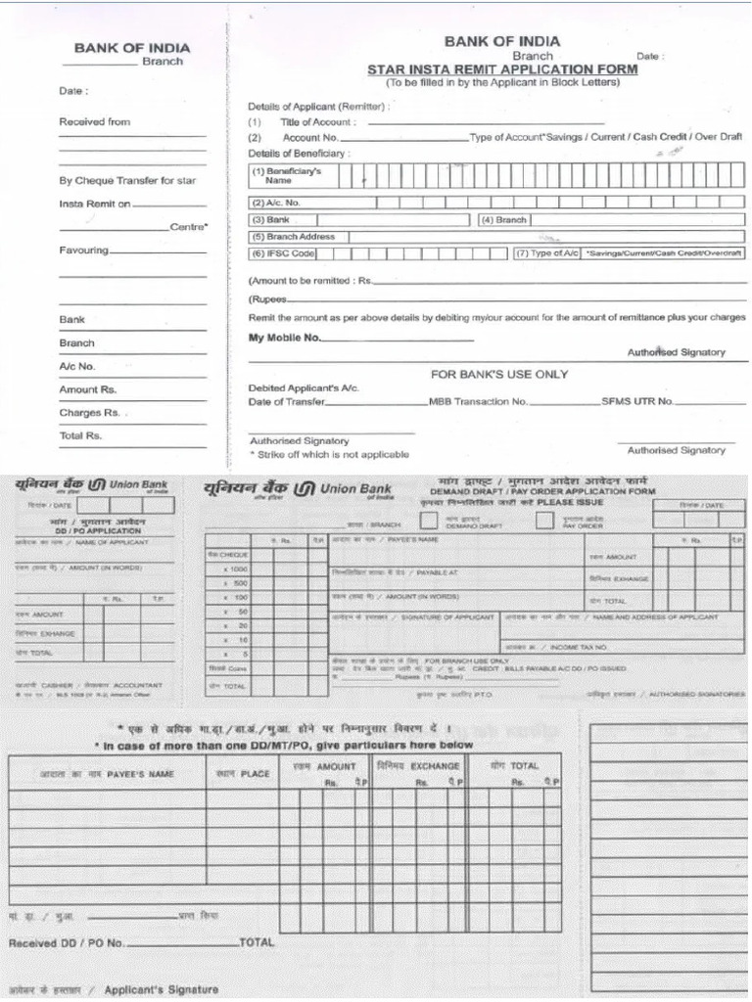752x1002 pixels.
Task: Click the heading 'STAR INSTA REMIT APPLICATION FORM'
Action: click(x=501, y=69)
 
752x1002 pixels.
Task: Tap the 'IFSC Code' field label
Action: click(x=284, y=253)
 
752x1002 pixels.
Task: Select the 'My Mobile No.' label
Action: click(x=285, y=338)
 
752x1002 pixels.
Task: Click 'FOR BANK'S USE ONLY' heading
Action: click(x=499, y=374)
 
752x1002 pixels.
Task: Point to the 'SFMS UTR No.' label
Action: click(x=637, y=401)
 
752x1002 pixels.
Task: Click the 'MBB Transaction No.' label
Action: click(x=478, y=401)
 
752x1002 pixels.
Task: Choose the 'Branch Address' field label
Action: click(x=294, y=237)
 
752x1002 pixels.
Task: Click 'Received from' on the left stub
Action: click(x=94, y=122)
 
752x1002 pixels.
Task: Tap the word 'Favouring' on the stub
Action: click(x=83, y=250)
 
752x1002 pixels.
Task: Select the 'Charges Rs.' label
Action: click(x=89, y=413)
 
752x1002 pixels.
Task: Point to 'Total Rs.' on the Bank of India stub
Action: click(x=80, y=436)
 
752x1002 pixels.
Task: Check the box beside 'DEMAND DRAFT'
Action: click(x=429, y=521)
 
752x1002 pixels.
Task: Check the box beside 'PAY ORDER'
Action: click(x=544, y=521)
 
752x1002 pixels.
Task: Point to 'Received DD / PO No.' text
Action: click(x=67, y=943)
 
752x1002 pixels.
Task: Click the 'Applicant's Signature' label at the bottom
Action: click(x=161, y=989)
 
